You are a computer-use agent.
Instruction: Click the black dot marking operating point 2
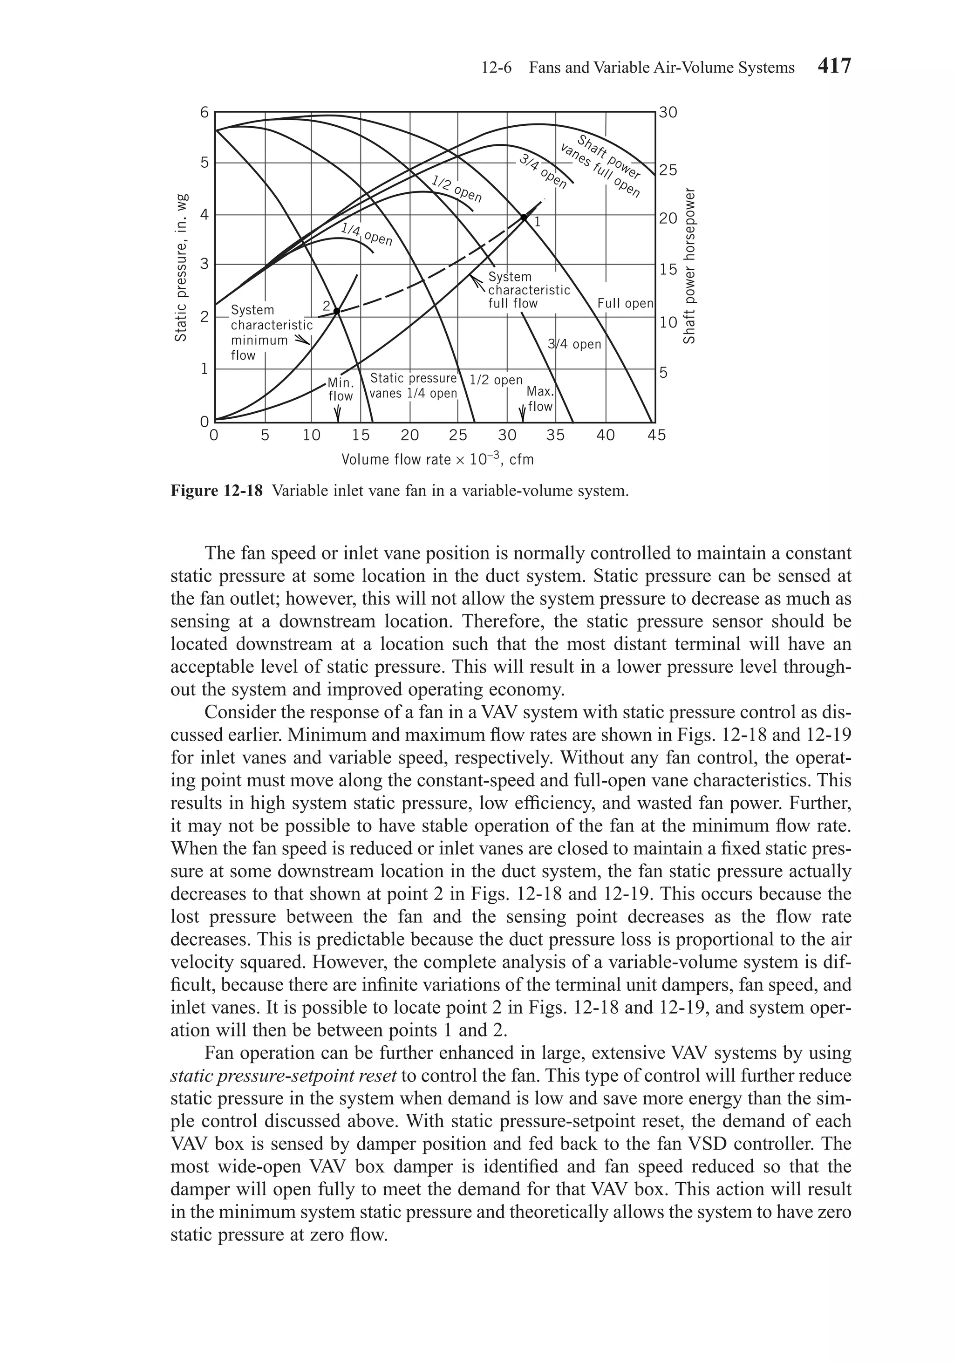pyautogui.click(x=336, y=311)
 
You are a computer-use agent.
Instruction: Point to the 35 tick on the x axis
pyautogui.click(x=556, y=435)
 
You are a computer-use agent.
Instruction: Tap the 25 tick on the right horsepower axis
pyautogui.click(x=668, y=171)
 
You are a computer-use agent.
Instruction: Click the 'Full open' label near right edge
pyautogui.click(x=625, y=303)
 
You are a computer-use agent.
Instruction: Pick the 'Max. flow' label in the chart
pyautogui.click(x=539, y=399)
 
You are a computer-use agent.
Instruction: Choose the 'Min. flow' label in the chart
pyautogui.click(x=340, y=389)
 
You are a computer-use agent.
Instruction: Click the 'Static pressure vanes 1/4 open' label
pyautogui.click(x=413, y=386)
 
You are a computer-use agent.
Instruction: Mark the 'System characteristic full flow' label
pyautogui.click(x=528, y=290)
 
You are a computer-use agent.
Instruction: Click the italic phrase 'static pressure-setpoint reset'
pyautogui.click(x=283, y=1076)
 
